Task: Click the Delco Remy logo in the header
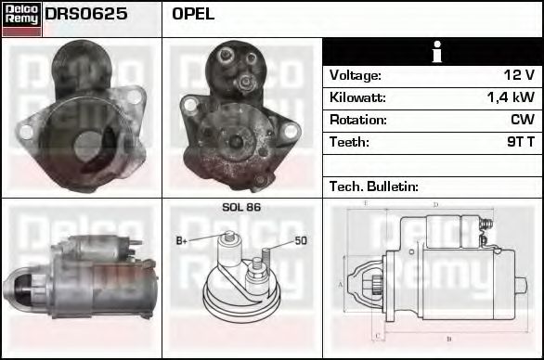[x=21, y=19]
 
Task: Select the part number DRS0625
[x=86, y=15]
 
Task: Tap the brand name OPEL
[x=193, y=15]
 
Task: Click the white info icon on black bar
[x=433, y=53]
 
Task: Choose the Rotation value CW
[x=523, y=120]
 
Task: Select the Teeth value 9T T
[x=516, y=142]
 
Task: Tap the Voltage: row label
[x=356, y=75]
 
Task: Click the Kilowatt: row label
[x=358, y=97]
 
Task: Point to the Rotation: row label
[x=357, y=120]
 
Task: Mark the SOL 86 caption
[x=241, y=207]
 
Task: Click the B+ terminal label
[x=182, y=240]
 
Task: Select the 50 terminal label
[x=301, y=241]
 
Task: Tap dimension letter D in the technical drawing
[x=435, y=205]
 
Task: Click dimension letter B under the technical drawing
[x=448, y=339]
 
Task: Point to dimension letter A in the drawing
[x=341, y=285]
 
